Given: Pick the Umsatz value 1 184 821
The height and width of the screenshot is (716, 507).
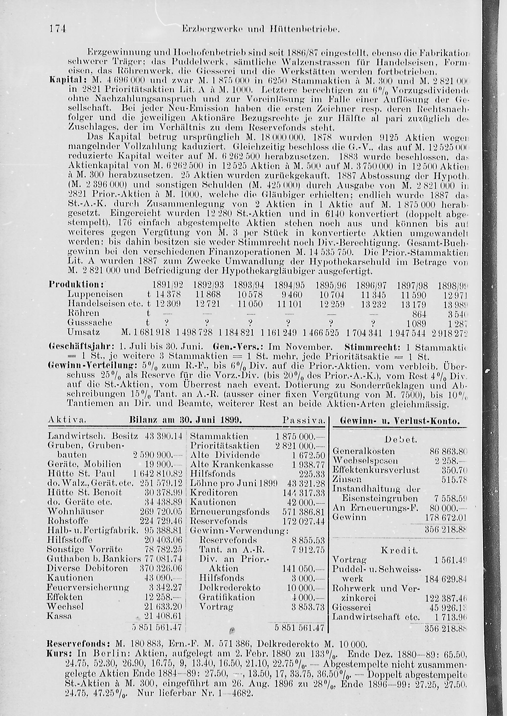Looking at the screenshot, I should (x=241, y=333).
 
